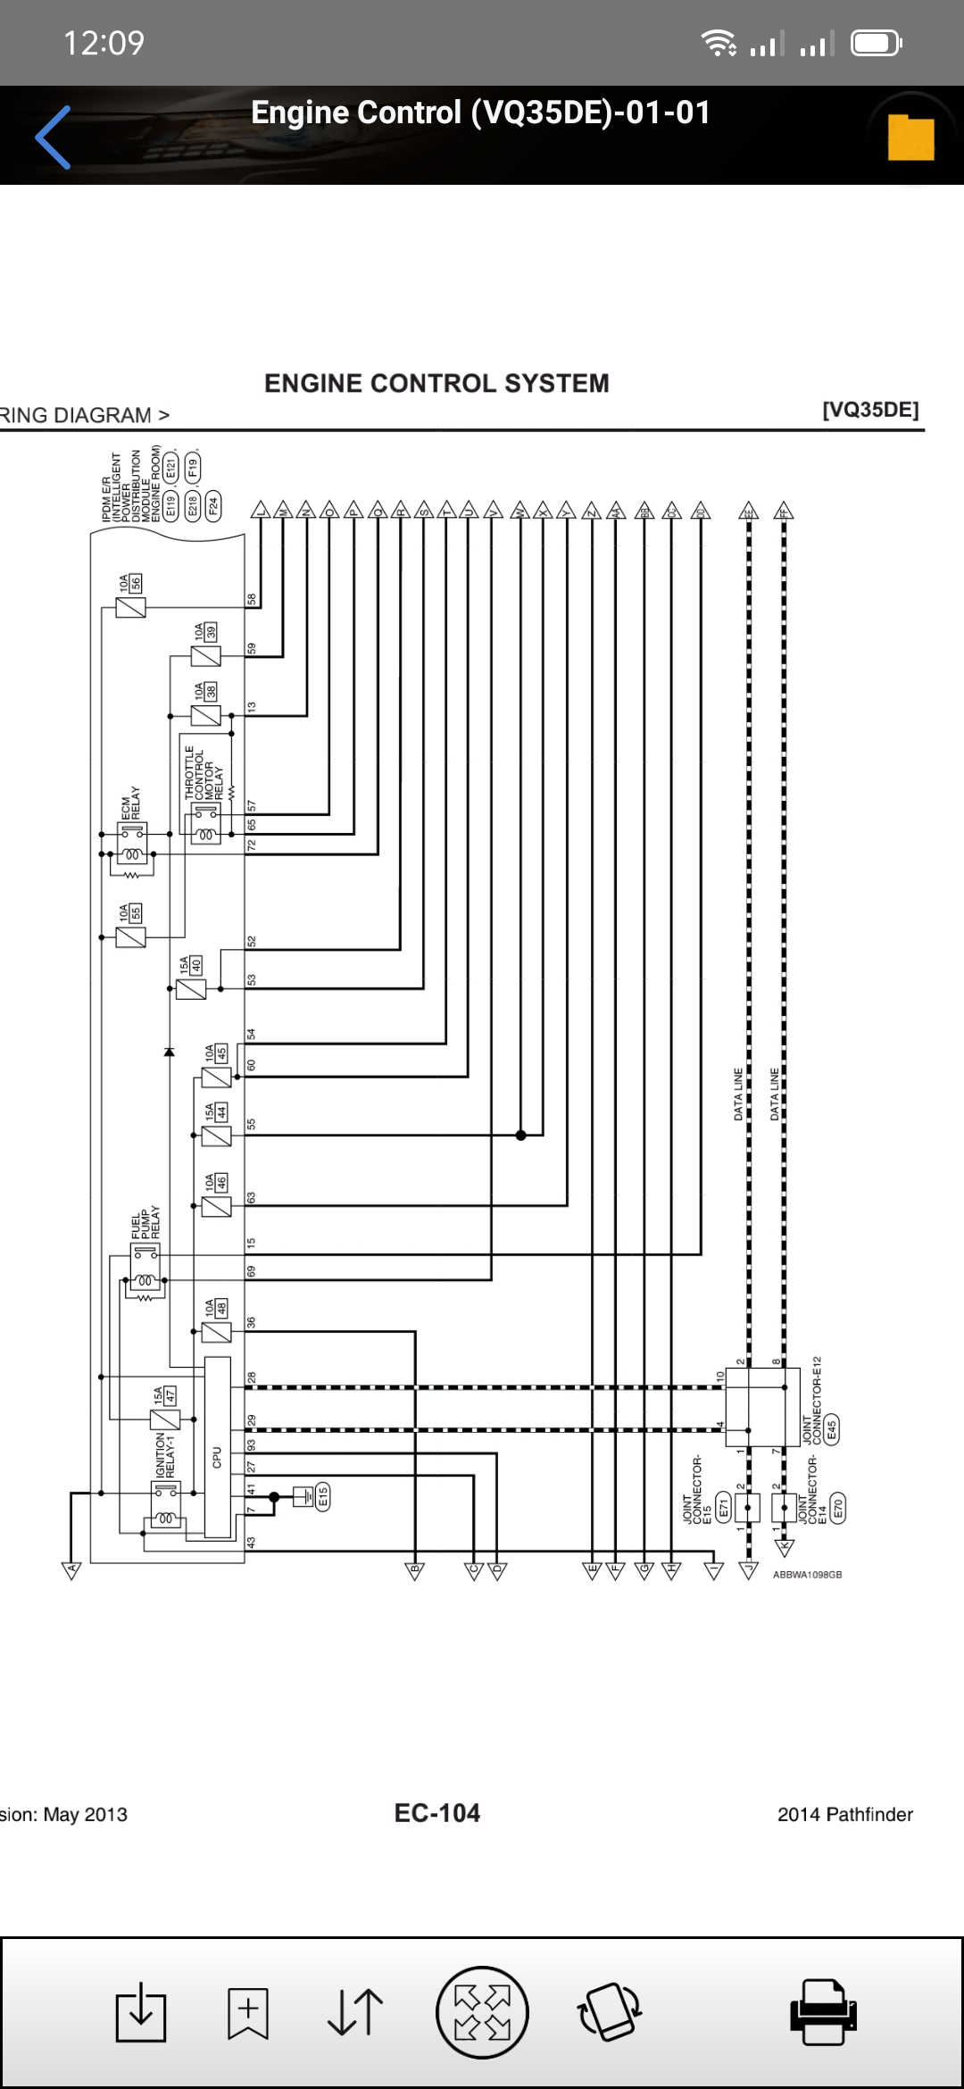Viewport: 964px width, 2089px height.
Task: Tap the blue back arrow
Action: coord(54,137)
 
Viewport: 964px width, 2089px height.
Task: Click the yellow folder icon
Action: coord(910,137)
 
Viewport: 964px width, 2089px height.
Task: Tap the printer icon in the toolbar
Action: coord(822,2012)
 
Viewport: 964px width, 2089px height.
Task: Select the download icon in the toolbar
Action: coord(141,2012)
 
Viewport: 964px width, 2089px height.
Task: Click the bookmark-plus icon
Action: coord(248,2012)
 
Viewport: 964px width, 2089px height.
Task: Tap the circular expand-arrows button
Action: coord(482,2012)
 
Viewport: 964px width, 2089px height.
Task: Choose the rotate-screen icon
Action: coord(610,2012)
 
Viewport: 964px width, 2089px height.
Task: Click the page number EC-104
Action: coord(437,1813)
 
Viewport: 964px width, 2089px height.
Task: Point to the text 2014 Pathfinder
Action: coord(845,1814)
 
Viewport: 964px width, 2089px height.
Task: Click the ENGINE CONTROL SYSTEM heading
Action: coord(436,383)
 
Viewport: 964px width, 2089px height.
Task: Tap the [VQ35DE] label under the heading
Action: coord(870,410)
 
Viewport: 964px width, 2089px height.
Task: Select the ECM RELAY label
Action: coord(131,803)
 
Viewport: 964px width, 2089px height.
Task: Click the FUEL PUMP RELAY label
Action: coord(145,1222)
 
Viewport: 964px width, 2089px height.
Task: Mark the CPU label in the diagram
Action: coord(217,1457)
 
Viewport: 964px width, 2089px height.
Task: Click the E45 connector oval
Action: coord(832,1430)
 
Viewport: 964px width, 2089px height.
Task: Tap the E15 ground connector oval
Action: coord(323,1496)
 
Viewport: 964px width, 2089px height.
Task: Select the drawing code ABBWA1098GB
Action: coord(807,1575)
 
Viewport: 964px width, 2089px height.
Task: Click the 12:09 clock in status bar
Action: coord(104,43)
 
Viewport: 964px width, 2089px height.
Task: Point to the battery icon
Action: coord(877,43)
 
